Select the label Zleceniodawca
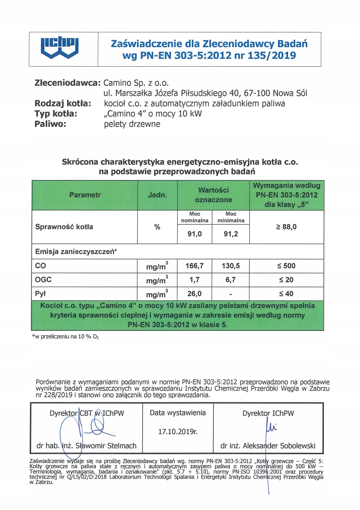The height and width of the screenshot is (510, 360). tap(68, 82)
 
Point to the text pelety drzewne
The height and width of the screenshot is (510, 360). tap(132, 124)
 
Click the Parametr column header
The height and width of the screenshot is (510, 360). tap(85, 195)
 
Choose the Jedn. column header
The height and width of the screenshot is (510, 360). tap(157, 195)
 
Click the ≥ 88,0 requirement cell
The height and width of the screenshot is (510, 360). tap(286, 227)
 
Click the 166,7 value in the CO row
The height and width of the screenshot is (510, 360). tap(194, 265)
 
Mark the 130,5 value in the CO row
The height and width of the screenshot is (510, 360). tap(231, 265)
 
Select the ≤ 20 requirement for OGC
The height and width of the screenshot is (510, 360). tap(286, 279)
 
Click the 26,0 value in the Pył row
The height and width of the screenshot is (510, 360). tap(194, 293)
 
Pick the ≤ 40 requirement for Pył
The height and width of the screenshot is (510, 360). tap(286, 293)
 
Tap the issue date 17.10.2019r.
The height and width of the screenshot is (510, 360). tap(177, 432)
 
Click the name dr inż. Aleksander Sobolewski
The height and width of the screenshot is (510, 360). tap(268, 446)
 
